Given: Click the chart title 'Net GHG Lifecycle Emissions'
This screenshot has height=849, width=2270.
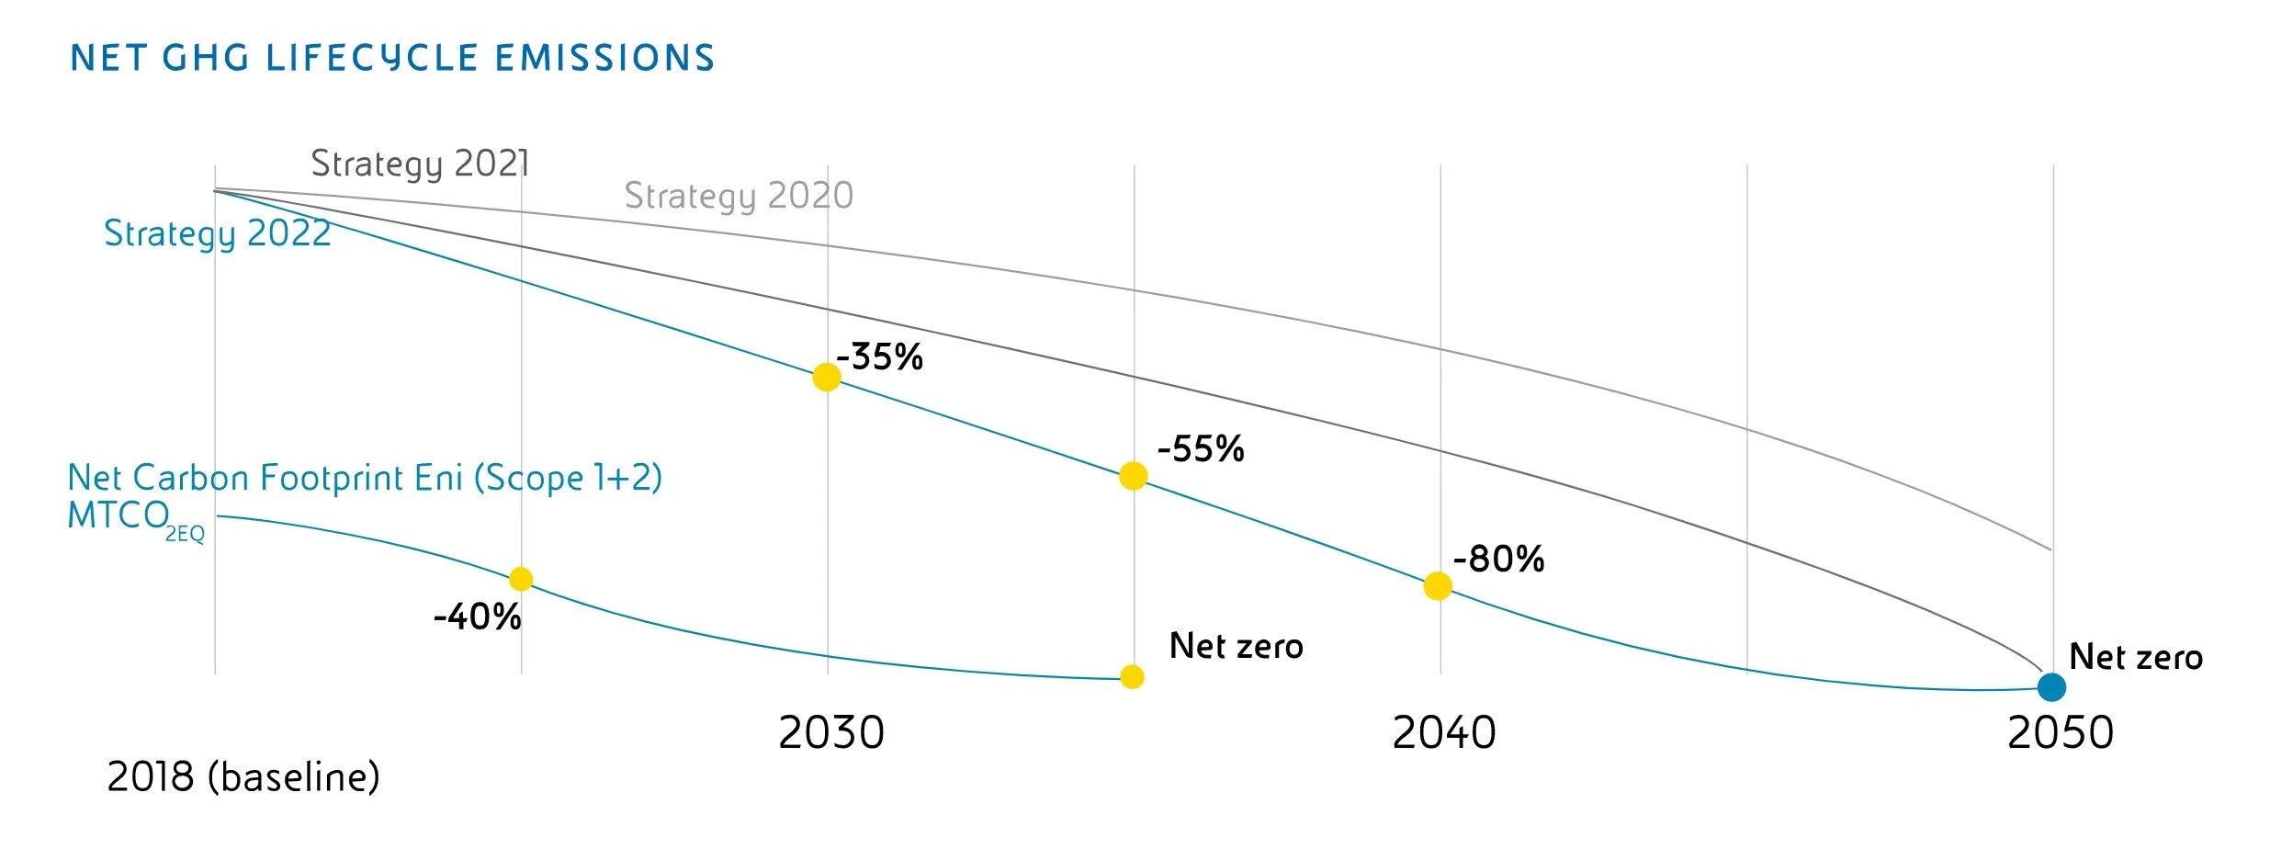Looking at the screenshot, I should point(392,58).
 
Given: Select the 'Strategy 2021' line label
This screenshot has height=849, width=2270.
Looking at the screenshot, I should point(420,164).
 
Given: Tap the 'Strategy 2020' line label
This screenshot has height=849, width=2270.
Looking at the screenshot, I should point(739,196).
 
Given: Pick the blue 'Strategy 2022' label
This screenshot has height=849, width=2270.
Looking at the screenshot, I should point(217,233).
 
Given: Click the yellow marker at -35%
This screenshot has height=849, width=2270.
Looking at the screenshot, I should point(827,377).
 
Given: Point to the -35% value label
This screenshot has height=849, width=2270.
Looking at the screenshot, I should point(879,357).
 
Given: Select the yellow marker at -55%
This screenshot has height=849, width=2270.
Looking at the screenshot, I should point(1133,476).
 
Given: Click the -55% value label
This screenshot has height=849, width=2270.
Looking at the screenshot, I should point(1200,449).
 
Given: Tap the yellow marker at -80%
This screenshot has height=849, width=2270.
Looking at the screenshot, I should point(1438,586).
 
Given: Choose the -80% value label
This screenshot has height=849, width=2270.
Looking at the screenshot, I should point(1498,559).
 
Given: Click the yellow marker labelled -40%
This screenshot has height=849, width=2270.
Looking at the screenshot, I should point(521,579).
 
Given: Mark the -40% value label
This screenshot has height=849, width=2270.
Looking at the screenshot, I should point(477,617).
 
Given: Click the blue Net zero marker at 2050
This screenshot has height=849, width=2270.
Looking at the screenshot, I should point(2051,686).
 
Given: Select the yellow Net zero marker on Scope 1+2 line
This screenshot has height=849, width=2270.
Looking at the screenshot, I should point(1133,677).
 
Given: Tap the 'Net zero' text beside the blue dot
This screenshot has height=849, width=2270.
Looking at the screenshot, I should point(2135,657).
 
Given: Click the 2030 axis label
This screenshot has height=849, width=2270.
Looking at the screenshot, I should point(830,732).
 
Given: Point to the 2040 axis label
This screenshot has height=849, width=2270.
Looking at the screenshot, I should point(1443,732).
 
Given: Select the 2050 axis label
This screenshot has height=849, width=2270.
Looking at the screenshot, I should point(2060,732).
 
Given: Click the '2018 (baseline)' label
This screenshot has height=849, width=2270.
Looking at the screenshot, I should point(243,777).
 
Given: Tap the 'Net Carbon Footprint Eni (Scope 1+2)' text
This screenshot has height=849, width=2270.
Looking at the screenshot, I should point(365,478).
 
